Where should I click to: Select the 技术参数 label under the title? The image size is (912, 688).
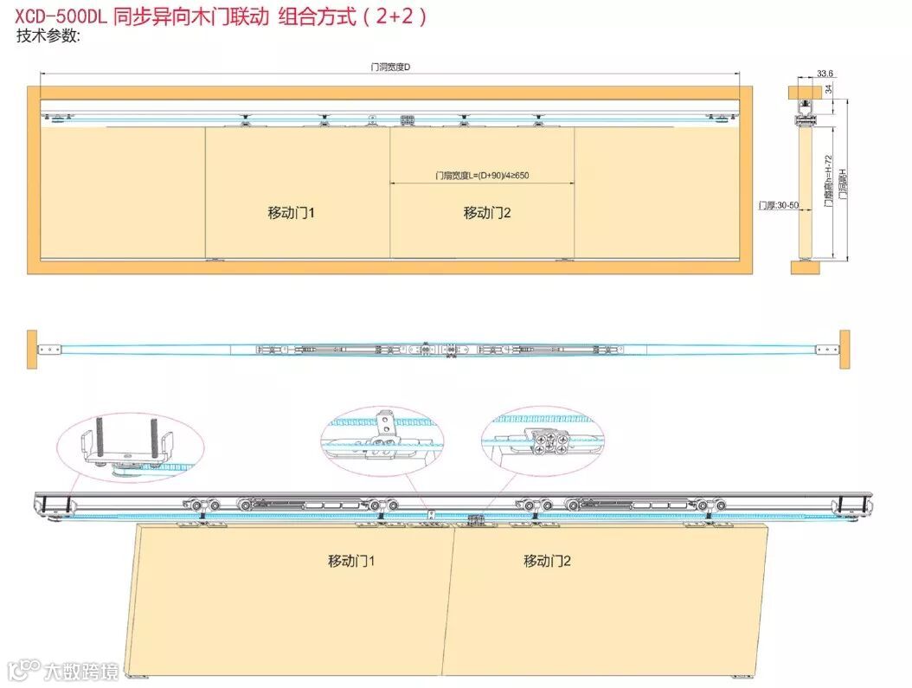pyautogui.click(x=48, y=35)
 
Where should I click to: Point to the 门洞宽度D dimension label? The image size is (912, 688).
pyautogui.click(x=389, y=67)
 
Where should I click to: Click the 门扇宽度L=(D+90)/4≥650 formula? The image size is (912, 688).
pyautogui.click(x=482, y=176)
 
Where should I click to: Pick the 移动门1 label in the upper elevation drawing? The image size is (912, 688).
pyautogui.click(x=291, y=212)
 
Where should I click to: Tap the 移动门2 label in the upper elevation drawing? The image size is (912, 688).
pyautogui.click(x=487, y=212)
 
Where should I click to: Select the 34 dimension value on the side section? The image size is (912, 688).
pyautogui.click(x=828, y=89)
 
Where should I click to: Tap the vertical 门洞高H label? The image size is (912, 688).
pyautogui.click(x=843, y=183)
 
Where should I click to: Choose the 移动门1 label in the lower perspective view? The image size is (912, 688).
pyautogui.click(x=351, y=561)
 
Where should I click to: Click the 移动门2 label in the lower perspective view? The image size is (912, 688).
pyautogui.click(x=547, y=561)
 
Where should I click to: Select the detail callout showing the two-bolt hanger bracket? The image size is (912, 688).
pyautogui.click(x=130, y=447)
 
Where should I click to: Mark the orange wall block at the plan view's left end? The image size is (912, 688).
pyautogui.click(x=32, y=348)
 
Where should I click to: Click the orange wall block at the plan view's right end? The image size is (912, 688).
pyautogui.click(x=844, y=348)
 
